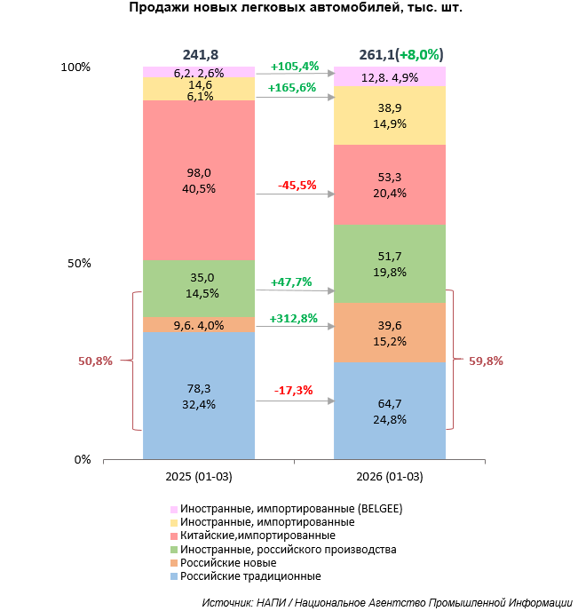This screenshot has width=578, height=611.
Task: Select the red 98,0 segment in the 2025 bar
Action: click(x=199, y=180)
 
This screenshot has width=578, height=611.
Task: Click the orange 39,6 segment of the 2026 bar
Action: click(x=389, y=332)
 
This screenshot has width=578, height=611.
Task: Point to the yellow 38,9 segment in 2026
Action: click(x=389, y=115)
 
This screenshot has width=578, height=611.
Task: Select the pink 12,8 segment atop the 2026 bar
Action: click(x=389, y=77)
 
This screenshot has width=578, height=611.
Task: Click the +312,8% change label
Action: click(x=293, y=319)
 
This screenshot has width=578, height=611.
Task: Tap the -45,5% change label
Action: click(x=293, y=186)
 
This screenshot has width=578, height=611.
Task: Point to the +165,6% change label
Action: click(x=293, y=88)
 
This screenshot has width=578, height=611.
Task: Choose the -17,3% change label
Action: click(x=293, y=390)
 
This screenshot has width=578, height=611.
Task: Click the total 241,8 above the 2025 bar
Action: click(x=199, y=53)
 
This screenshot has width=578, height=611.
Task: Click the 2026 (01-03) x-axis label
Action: click(x=389, y=477)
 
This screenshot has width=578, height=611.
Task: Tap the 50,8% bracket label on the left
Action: click(x=95, y=361)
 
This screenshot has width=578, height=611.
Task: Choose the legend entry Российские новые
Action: click(x=227, y=563)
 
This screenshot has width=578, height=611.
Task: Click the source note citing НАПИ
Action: click(x=385, y=601)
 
